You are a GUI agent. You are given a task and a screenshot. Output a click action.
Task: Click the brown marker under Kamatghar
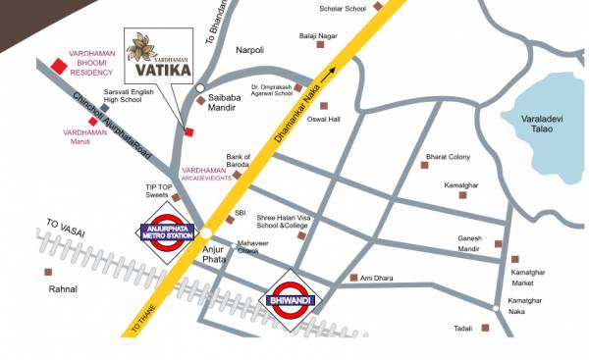coord(462,195)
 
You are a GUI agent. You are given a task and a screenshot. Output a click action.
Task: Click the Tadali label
coord(463,328)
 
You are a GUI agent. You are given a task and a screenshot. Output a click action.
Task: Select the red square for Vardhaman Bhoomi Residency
coord(60,66)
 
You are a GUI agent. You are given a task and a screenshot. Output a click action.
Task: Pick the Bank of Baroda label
coord(239,161)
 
